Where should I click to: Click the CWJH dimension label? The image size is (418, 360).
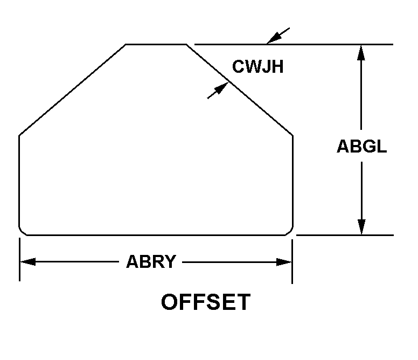(257, 67)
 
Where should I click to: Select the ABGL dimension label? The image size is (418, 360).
(361, 147)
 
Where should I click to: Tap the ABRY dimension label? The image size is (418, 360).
(151, 262)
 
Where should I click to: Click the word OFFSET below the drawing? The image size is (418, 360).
(206, 302)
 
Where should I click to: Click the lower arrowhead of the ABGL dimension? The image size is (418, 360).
(361, 227)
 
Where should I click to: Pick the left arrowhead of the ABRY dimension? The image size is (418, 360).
(27, 262)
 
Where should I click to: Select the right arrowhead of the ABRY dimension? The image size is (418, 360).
(285, 262)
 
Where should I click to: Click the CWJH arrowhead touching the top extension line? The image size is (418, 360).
(272, 38)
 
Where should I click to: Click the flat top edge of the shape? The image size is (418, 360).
(156, 44)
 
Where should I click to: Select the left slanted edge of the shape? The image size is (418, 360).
(73, 89)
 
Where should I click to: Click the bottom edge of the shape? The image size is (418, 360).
(156, 235)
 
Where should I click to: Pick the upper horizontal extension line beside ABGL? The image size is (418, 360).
(323, 44)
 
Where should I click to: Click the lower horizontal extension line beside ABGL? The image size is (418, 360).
(345, 235)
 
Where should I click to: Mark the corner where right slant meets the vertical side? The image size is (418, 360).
(292, 134)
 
